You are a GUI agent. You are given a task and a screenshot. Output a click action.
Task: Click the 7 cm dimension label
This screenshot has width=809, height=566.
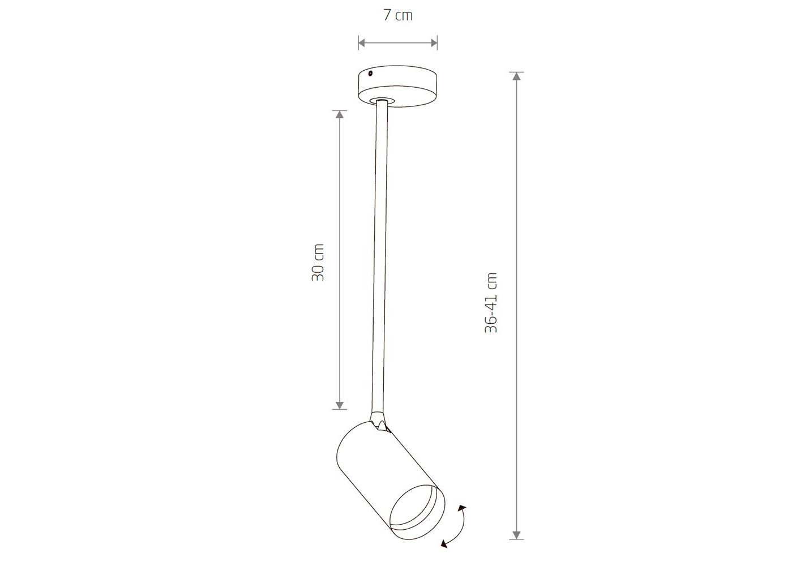click(x=397, y=15)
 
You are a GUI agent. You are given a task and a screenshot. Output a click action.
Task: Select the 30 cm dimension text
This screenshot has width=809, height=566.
click(x=318, y=263)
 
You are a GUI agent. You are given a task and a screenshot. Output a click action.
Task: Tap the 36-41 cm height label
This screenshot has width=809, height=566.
click(x=491, y=302)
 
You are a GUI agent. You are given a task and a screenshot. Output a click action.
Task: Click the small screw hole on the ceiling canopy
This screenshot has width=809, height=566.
click(x=370, y=74)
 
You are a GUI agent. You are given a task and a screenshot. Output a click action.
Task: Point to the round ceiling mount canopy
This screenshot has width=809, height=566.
click(x=397, y=86)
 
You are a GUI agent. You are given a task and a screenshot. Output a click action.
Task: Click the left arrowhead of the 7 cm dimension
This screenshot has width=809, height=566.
click(x=362, y=43)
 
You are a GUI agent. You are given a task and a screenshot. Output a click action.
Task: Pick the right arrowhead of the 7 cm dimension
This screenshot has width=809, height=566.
click(x=434, y=43)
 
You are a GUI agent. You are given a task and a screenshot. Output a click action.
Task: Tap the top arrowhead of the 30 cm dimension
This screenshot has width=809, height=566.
click(x=340, y=114)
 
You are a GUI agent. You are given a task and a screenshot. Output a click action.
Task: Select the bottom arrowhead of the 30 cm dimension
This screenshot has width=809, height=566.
click(x=340, y=405)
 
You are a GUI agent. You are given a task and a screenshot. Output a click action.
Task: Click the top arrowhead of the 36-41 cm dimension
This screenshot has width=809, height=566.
click(x=516, y=76)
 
